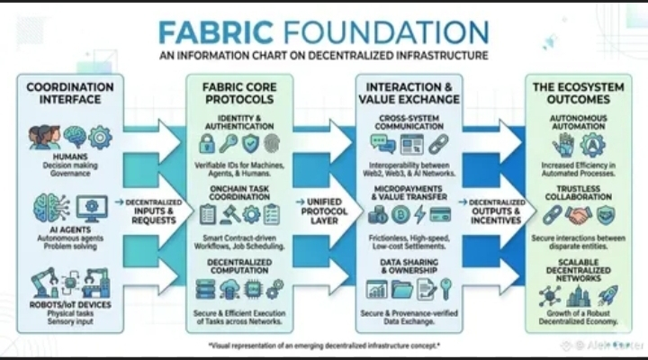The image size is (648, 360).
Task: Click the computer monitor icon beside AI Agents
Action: (90, 208)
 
